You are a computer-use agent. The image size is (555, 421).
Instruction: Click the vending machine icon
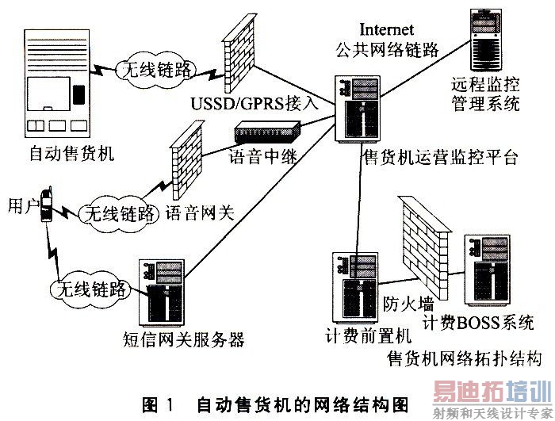pyautogui.click(x=56, y=83)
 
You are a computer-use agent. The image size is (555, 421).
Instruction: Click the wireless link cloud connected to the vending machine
pyautogui.click(x=156, y=70)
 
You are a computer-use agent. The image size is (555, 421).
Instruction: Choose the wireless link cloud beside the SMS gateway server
pyautogui.click(x=91, y=289)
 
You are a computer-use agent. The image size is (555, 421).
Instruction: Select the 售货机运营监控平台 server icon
pyautogui.click(x=358, y=109)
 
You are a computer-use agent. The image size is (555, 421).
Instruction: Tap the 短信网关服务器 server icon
pyautogui.click(x=162, y=293)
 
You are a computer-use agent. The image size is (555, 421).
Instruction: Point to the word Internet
pyautogui.click(x=387, y=29)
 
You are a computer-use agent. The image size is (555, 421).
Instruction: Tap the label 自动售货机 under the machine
pyautogui.click(x=72, y=154)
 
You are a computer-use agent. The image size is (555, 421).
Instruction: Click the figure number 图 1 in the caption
pyautogui.click(x=159, y=404)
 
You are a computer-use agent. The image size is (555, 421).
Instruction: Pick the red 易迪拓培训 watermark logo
pyautogui.click(x=492, y=391)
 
